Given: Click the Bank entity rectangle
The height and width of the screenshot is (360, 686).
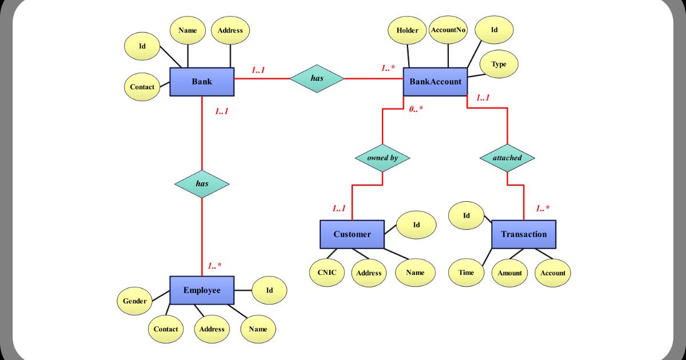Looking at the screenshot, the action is coord(202,82).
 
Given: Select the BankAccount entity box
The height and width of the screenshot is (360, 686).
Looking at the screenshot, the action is coord(435,82).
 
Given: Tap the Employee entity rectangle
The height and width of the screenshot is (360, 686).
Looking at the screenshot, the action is coord(202,290).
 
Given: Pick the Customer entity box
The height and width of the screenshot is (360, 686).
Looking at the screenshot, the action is coord(352,234).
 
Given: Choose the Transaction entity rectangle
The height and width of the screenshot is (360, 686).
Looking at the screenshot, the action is coord(524,234).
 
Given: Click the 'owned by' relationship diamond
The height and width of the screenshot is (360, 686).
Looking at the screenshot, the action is coord(382,158).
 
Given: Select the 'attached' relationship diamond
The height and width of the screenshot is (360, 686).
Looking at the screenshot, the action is coord(507,158).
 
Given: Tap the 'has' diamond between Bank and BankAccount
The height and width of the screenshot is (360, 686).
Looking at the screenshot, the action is coord(317,78).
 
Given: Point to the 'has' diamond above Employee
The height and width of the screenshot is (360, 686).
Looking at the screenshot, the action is coord(202,184).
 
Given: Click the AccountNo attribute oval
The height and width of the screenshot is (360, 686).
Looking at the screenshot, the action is coord(448,30).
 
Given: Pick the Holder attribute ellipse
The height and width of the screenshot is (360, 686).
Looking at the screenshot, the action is coord(407,31).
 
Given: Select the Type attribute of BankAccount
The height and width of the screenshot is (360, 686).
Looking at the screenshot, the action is coord(499,64).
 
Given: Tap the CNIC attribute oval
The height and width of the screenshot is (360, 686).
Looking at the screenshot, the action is coord(327,273).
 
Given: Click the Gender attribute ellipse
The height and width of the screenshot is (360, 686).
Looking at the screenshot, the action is coord(134,301).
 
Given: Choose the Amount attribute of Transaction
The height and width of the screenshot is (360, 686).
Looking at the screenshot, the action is coord(509,273).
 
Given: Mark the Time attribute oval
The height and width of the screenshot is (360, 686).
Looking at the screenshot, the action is coord(466,273).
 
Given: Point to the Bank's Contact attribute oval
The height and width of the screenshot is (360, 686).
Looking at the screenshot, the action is coord(142,87).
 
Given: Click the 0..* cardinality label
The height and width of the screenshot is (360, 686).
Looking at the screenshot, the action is coord(416,109).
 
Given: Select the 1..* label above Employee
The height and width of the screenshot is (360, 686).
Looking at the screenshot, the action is coord(214,266).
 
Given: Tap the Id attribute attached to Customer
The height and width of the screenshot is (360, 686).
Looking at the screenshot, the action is coord(416,225).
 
